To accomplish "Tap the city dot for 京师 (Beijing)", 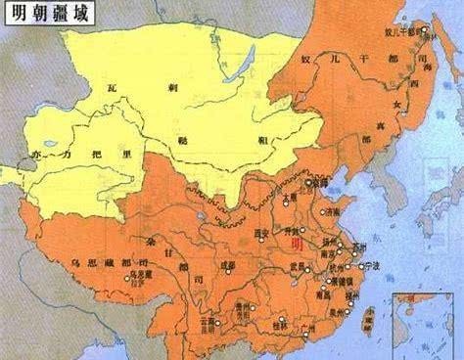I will pyautogui.click(x=307, y=183).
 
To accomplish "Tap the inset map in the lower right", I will pyautogui.click(x=425, y=323).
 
